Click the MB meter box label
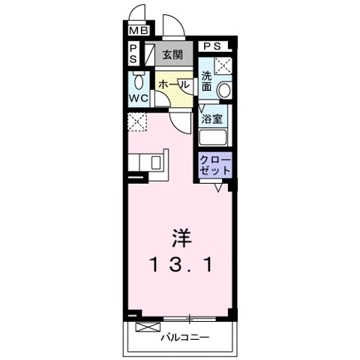pos(139,31)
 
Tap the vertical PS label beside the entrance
pos(133,54)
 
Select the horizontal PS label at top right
pos(212,46)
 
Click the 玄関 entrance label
pos(172,55)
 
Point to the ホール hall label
pos(173,85)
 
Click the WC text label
pos(139,98)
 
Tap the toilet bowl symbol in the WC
pos(139,81)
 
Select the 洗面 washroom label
pos(207,81)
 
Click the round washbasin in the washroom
pos(224,90)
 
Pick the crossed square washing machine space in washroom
pos(223,65)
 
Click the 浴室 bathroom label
pos(212,118)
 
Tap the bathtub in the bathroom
pos(213,137)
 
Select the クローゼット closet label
pos(215,165)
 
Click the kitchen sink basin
pos(156,163)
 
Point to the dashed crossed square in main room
pos(137,121)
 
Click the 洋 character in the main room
pos(181,238)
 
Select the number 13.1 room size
pos(181,265)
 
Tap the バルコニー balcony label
pos(184,337)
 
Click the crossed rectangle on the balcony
pos(148,327)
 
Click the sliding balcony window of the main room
pos(189,319)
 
